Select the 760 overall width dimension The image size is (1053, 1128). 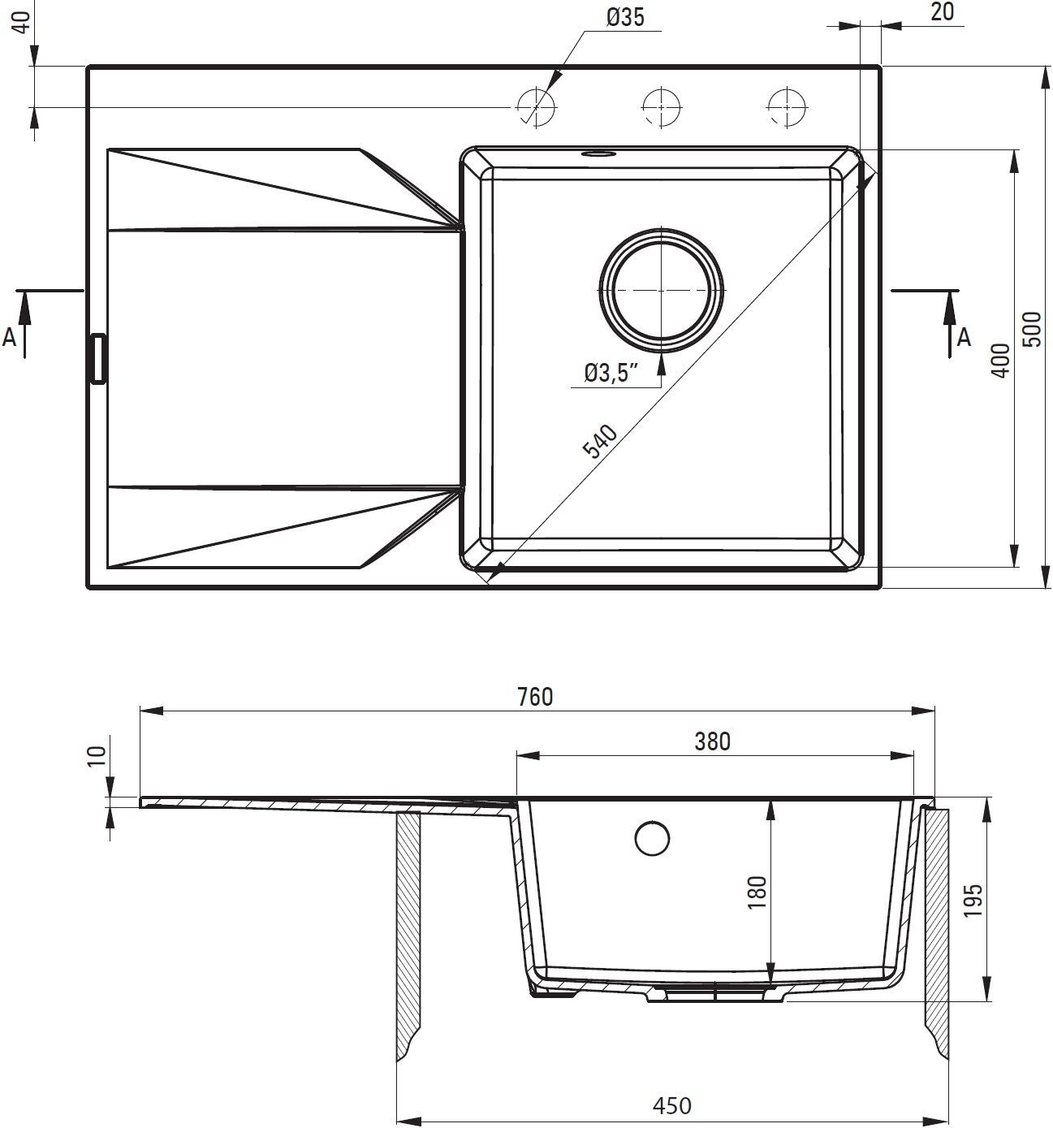coord(535,697)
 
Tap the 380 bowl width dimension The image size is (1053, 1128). coord(713,741)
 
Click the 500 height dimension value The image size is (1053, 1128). coord(1032,329)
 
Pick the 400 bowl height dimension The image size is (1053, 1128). coord(1000,360)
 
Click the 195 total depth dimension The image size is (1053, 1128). coord(974,900)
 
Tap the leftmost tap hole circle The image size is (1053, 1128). coord(535,106)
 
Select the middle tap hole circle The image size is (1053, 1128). coord(661,106)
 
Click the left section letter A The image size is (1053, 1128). coord(10,337)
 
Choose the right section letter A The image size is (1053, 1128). coord(964,337)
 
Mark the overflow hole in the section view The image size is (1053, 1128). coord(652,839)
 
